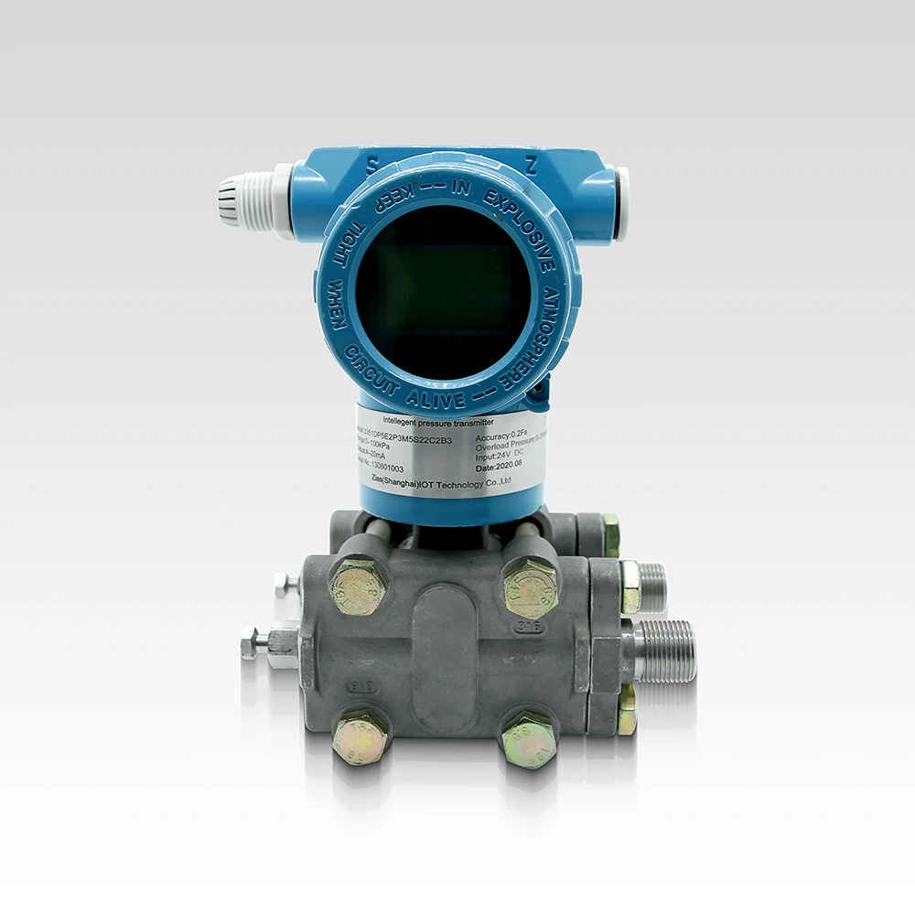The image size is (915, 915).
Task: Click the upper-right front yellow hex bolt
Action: click(x=530, y=587)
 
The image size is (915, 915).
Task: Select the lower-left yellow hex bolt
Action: click(x=359, y=737)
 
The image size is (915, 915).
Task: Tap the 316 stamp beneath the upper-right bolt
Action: click(x=531, y=628)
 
